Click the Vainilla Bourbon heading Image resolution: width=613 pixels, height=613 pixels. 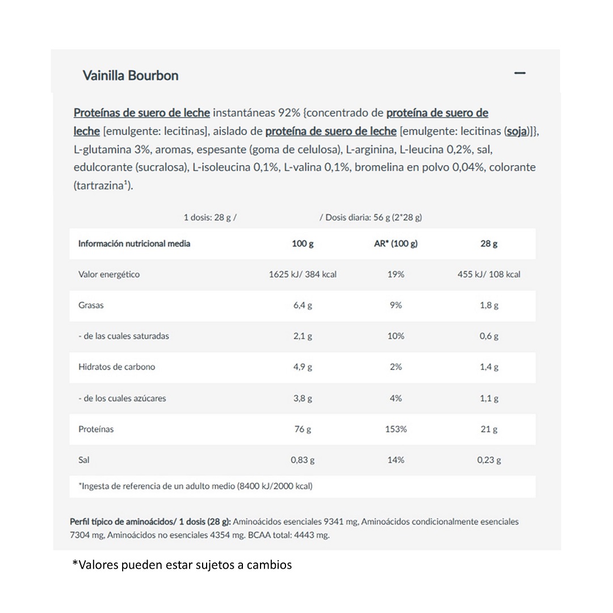pos(131,75)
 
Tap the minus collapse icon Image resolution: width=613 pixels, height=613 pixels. pos(519,73)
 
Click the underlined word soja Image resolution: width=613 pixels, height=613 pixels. pos(517,132)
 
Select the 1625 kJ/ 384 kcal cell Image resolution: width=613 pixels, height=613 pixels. pos(303,274)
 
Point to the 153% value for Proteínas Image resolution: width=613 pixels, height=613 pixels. pos(396,429)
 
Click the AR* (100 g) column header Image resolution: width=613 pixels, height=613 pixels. pos(396,243)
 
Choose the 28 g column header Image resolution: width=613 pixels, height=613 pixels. pos(489,243)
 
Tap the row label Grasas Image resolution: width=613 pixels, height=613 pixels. pos(91,305)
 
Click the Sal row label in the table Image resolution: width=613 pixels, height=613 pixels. pos(85,460)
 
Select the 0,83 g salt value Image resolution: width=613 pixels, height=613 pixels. pos(303,460)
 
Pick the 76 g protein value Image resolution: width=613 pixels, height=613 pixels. pos(303,429)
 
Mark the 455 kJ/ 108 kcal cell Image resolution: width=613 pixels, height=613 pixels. pos(489,274)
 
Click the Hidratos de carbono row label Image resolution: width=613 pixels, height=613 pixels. pos(116,367)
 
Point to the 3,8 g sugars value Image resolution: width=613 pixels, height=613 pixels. pos(303,398)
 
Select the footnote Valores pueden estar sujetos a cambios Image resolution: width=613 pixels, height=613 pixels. pos(182,565)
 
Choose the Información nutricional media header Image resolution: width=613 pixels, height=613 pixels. pos(134,243)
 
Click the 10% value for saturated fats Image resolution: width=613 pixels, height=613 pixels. pos(396,336)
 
